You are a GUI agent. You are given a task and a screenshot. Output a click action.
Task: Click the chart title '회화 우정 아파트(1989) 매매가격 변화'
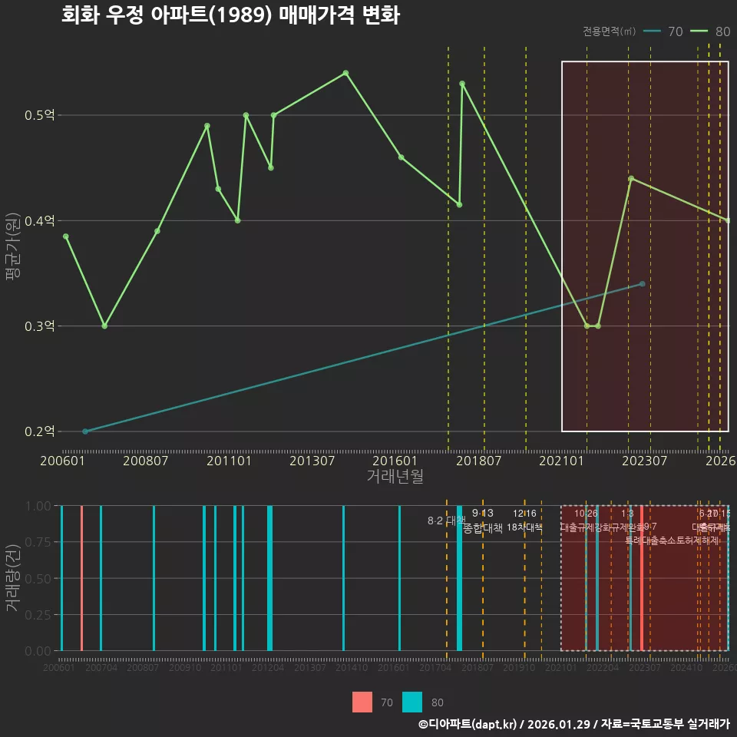[x=230, y=15]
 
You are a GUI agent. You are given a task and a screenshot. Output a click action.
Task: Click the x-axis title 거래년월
[x=395, y=477]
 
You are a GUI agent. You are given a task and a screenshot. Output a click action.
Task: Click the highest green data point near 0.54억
[x=345, y=73]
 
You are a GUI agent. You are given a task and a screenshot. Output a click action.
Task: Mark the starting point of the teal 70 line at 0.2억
[x=85, y=431]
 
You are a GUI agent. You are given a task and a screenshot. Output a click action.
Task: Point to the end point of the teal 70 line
[x=643, y=284]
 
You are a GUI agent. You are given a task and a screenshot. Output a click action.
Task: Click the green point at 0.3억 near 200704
[x=104, y=326]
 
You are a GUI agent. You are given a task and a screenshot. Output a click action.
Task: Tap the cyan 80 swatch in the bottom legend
[x=412, y=702]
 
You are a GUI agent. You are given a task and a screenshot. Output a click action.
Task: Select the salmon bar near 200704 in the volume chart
[x=81, y=578]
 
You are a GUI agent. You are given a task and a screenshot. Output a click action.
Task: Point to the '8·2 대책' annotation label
[x=446, y=521]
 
